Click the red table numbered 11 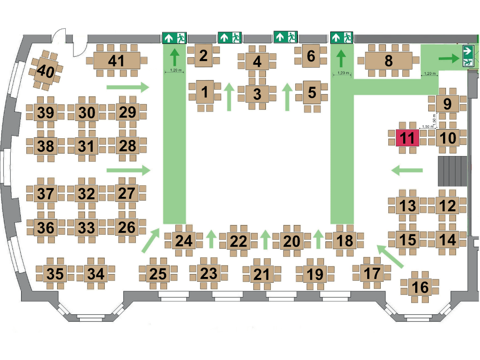pos(408,138)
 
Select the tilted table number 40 pos(46,71)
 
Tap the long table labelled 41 pos(117,60)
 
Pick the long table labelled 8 pos(388,60)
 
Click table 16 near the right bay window pos(420,287)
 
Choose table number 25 pos(158,274)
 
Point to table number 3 pos(257,94)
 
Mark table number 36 pos(46,228)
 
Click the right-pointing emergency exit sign pos(468,56)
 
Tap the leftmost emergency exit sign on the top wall pos(174,37)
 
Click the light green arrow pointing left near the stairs pos(407,170)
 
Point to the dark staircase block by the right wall pos(453,171)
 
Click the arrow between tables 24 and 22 pos(211,239)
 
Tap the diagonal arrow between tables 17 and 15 pos(390,256)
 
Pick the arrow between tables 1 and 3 pos(228,97)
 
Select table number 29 pos(127,112)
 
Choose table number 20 pos(292,241)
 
